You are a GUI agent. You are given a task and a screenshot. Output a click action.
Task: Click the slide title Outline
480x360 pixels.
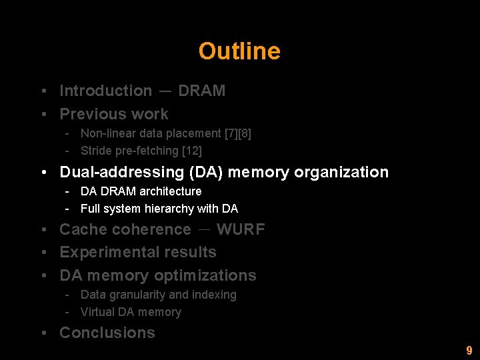pyautogui.click(x=239, y=51)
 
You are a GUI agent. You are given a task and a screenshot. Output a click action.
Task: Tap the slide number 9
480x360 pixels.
pyautogui.click(x=469, y=350)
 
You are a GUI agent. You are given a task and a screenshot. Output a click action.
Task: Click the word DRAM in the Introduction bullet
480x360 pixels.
pyautogui.click(x=201, y=91)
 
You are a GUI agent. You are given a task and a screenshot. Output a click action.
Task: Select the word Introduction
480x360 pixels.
pyautogui.click(x=105, y=91)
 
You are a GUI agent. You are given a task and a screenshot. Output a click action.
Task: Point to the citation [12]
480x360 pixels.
pyautogui.click(x=191, y=151)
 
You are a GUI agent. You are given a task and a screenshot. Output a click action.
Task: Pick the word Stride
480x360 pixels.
pyautogui.click(x=95, y=151)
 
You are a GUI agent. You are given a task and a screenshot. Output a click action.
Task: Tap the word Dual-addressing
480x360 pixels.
pyautogui.click(x=122, y=172)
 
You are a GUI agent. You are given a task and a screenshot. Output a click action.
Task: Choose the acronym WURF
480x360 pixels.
pyautogui.click(x=241, y=229)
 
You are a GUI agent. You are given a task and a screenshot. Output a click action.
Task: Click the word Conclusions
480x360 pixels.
pyautogui.click(x=107, y=333)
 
